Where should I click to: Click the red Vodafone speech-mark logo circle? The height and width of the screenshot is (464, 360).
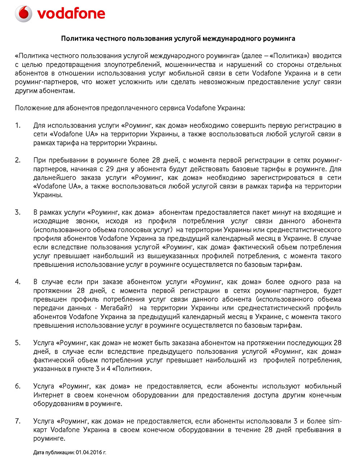tap(24, 14)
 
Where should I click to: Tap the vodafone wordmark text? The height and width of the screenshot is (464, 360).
tap(71, 14)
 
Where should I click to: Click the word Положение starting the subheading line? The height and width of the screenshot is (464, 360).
tap(33, 108)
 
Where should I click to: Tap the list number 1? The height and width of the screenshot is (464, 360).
tap(18, 126)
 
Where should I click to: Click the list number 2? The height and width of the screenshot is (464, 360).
tap(18, 160)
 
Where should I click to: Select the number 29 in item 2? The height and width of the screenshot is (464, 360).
tap(110, 169)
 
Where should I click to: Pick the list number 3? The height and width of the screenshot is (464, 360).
tap(18, 213)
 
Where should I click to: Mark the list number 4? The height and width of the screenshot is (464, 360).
tap(18, 282)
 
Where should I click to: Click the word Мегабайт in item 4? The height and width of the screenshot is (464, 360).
tap(116, 308)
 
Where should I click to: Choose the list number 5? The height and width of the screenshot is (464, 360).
tap(18, 343)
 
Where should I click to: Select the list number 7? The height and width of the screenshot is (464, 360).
tap(18, 421)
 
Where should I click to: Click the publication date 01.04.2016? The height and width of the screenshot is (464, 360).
tap(89, 452)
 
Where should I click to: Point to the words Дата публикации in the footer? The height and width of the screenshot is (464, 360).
tap(54, 452)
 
